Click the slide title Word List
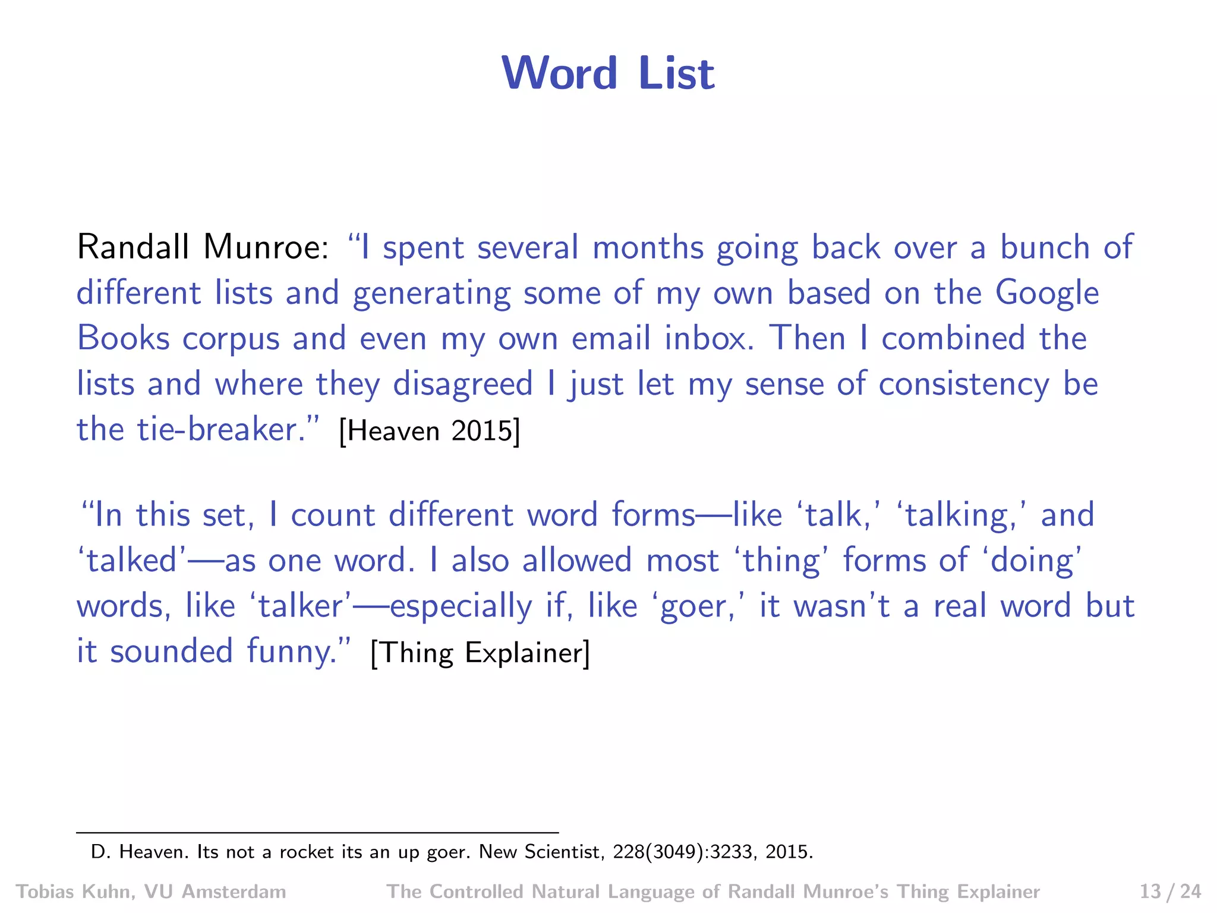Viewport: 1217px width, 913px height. (x=608, y=73)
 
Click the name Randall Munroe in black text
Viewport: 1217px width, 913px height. (x=202, y=247)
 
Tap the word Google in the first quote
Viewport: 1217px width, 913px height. (x=1047, y=293)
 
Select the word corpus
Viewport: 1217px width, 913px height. (x=231, y=339)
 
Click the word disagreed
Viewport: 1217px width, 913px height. (x=463, y=384)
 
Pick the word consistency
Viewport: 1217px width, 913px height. (x=964, y=385)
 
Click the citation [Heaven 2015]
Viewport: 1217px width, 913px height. (x=429, y=430)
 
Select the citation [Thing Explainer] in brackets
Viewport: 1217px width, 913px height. (x=480, y=653)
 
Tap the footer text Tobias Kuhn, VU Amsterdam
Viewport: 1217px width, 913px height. (x=151, y=892)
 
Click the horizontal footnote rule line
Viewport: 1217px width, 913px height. (x=317, y=833)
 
